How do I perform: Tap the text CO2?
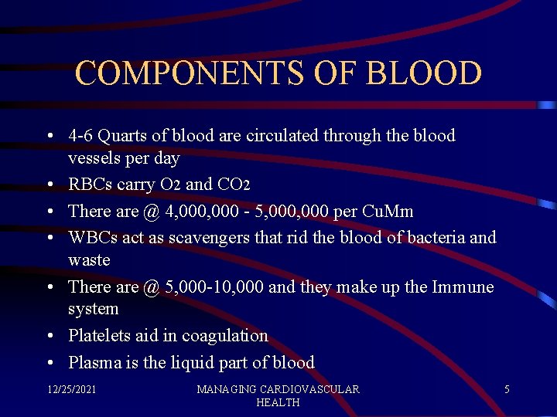(234, 185)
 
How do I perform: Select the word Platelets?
(99, 336)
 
